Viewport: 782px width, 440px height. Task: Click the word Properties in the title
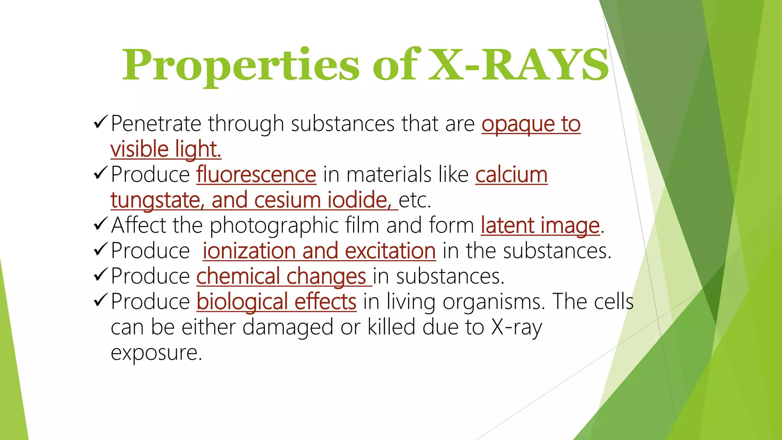coord(241,65)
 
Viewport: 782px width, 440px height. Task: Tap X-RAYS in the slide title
coord(518,65)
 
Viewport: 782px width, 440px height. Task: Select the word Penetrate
coord(156,124)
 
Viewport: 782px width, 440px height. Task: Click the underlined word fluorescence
coord(256,175)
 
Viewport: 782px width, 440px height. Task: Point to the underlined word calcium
coord(511,175)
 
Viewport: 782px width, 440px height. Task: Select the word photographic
coord(274,225)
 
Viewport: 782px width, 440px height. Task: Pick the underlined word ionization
coord(249,251)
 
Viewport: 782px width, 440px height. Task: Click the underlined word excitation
coord(390,251)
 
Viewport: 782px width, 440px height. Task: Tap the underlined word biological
coord(242,302)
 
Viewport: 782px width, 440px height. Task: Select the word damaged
coord(288,327)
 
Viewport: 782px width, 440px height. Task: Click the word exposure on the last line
coord(156,353)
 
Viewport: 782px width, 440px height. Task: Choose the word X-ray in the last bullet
coord(517,327)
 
